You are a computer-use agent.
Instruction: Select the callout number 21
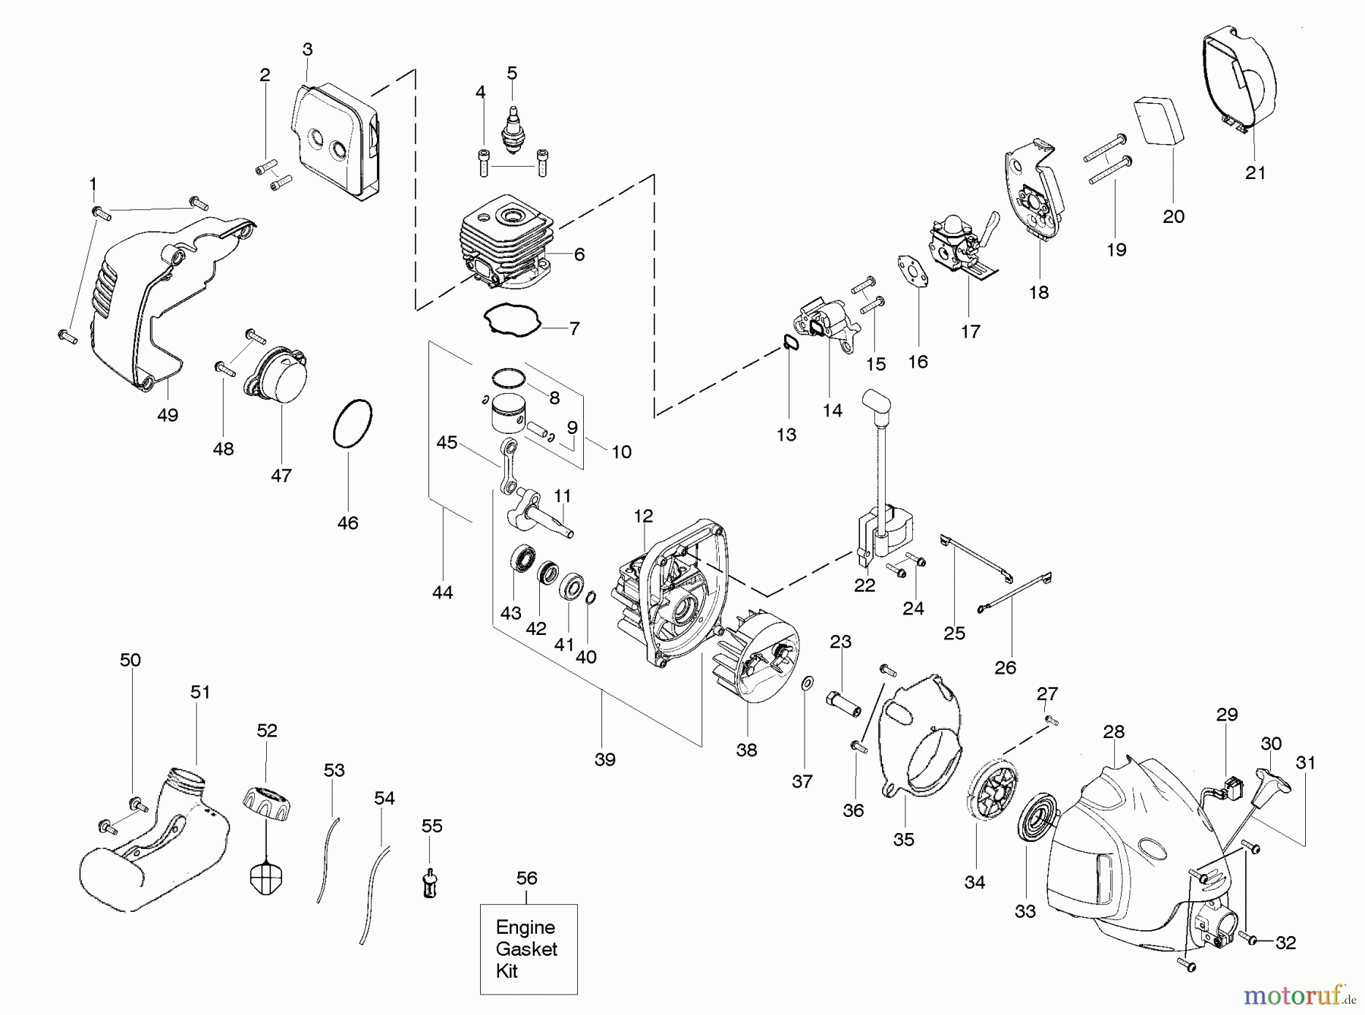1256,173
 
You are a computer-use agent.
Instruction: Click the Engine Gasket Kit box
529,949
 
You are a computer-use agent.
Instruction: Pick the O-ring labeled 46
353,423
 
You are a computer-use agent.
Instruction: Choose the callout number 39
605,759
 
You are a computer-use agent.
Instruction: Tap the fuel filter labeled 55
431,882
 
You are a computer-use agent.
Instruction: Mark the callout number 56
527,878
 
